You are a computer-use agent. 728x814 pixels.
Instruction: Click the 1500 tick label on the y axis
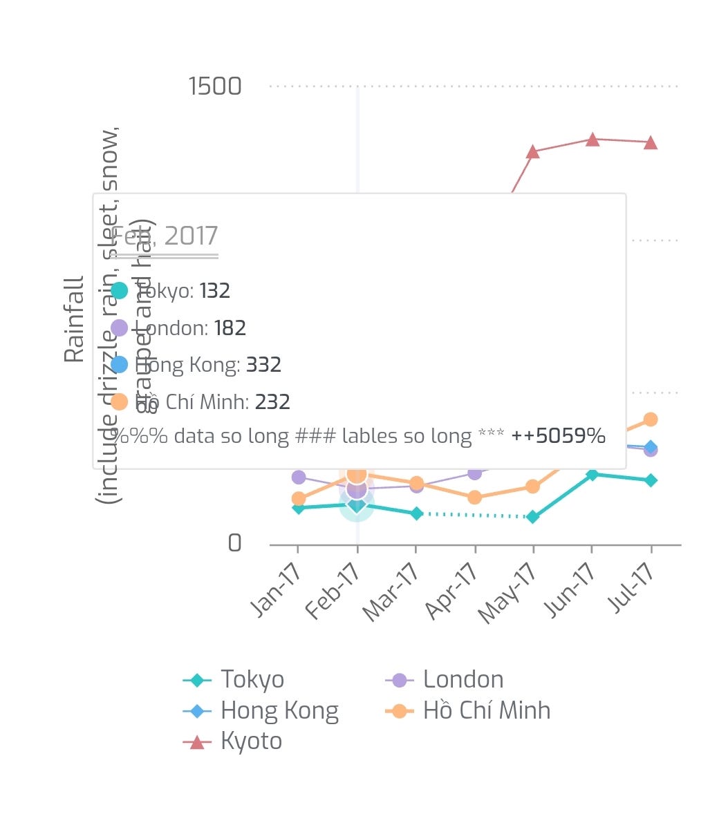coord(215,86)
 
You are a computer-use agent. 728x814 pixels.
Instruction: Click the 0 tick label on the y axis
coord(235,543)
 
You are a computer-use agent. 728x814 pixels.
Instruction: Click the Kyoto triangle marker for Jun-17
coord(592,140)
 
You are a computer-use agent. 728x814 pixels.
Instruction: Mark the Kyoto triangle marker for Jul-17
coord(651,143)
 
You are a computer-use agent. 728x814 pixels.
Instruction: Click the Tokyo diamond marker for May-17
coord(532,516)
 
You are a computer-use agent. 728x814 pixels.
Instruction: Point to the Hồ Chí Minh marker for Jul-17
coord(651,419)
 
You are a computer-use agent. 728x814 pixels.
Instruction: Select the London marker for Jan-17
coord(299,477)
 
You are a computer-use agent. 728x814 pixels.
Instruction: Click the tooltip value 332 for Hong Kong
coord(263,365)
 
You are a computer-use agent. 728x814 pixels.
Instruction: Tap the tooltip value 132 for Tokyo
coord(214,291)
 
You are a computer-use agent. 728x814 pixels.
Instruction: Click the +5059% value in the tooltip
coord(558,436)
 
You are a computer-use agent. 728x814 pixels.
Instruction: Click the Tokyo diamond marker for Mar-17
coord(416,513)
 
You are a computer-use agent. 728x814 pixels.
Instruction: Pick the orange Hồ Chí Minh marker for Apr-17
coord(474,498)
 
